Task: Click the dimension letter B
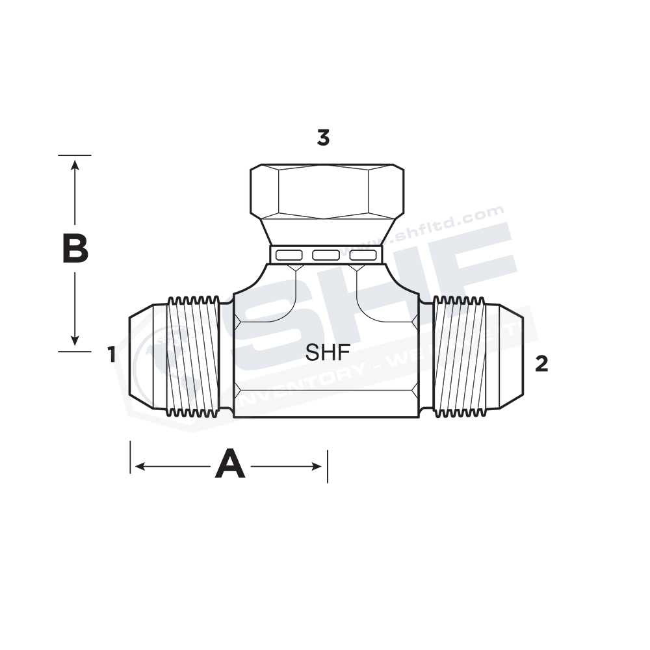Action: pyautogui.click(x=75, y=250)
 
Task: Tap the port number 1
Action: pyautogui.click(x=112, y=355)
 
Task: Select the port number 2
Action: pyautogui.click(x=541, y=365)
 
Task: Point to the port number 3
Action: pyautogui.click(x=323, y=138)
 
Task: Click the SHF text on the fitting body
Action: pyautogui.click(x=328, y=352)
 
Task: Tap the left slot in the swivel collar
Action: pyautogui.click(x=288, y=255)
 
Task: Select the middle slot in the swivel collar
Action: pyautogui.click(x=326, y=255)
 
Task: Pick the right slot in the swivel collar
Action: pyautogui.click(x=362, y=255)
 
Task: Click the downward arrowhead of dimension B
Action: pyautogui.click(x=75, y=341)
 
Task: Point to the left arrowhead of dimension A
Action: pyautogui.click(x=138, y=466)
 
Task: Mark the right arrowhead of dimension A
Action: pyautogui.click(x=318, y=466)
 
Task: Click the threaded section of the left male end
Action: pyautogui.click(x=193, y=356)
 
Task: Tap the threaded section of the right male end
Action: pyautogui.click(x=459, y=356)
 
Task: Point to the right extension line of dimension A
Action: pyautogui.click(x=327, y=465)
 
